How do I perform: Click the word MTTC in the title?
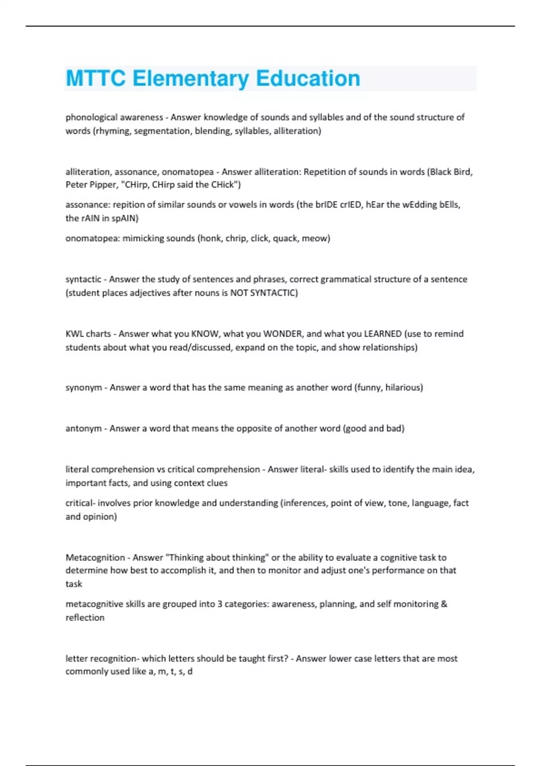96,78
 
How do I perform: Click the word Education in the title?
308,78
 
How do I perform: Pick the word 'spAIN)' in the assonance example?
125,219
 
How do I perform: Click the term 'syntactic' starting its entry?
83,279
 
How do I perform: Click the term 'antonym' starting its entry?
83,429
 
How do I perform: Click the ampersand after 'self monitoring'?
444,604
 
